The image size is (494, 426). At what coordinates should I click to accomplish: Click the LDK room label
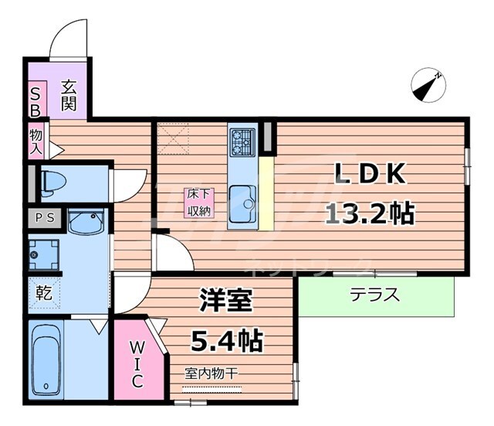(370, 176)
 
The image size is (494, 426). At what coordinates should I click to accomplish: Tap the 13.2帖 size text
(370, 211)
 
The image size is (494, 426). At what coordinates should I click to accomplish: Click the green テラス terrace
(375, 295)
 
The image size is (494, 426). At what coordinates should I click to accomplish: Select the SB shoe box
(36, 100)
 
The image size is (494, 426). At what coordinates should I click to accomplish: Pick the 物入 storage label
(36, 141)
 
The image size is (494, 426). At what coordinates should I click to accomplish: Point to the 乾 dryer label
(43, 294)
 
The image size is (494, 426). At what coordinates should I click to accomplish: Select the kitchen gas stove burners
(242, 141)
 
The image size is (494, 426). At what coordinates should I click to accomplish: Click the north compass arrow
(427, 86)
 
